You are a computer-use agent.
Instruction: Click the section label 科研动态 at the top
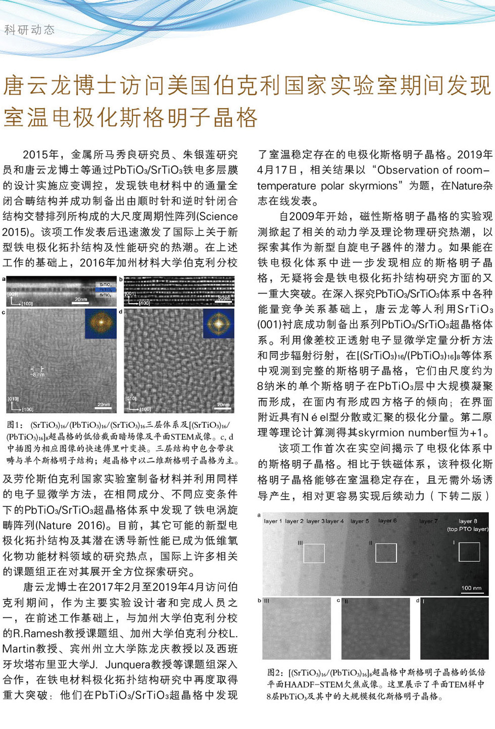29,30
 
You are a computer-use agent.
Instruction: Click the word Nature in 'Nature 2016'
55,525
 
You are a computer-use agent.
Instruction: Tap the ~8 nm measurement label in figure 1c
37,374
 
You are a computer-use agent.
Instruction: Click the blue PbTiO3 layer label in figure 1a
105,289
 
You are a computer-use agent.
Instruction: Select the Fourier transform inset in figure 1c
101,324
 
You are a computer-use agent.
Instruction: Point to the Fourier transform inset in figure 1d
219,324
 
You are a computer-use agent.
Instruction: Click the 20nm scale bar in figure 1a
81,300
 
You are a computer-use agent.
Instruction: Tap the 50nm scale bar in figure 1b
223,299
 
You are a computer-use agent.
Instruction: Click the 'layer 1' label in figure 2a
273,521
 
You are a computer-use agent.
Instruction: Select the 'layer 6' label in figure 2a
387,520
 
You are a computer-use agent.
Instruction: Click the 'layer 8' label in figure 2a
467,521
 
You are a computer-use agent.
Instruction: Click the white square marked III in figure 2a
314,553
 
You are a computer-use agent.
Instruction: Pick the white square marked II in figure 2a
386,553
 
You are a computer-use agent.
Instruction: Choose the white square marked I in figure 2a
469,552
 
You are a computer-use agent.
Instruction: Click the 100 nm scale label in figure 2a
471,588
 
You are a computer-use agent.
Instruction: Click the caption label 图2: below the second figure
275,672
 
